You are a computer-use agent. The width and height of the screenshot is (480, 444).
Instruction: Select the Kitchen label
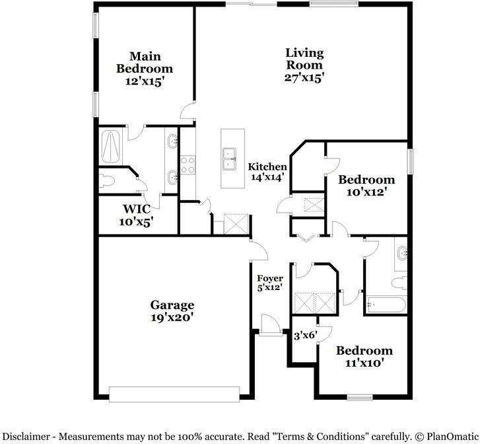tap(267, 167)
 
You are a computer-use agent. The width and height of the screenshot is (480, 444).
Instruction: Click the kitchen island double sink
tap(230, 159)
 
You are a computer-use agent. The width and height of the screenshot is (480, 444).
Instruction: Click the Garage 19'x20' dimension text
tap(172, 317)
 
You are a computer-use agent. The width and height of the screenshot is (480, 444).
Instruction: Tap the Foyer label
tap(269, 278)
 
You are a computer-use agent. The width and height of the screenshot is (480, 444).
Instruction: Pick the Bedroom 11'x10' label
tap(364, 351)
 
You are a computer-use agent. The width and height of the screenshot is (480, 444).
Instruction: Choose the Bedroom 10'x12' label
tap(366, 180)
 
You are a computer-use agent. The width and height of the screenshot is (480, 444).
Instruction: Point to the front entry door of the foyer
tap(270, 332)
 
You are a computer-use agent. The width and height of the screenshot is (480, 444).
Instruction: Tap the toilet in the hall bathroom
tap(398, 283)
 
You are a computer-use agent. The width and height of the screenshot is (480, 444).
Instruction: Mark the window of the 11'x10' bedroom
tap(360, 397)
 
